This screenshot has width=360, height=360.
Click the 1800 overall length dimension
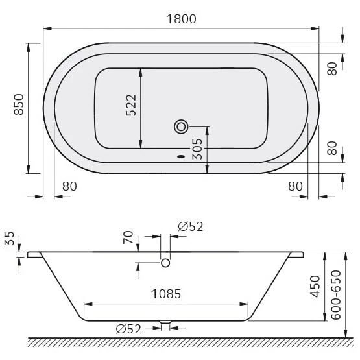click(181, 19)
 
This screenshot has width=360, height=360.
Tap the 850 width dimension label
click(19, 104)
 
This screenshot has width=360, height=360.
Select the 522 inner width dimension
click(131, 105)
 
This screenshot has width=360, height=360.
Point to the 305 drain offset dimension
click(197, 149)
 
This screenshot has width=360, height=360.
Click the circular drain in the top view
click(181, 126)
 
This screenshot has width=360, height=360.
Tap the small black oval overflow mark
click(181, 157)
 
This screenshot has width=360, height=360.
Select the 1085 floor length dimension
click(166, 294)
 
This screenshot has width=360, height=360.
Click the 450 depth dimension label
click(315, 286)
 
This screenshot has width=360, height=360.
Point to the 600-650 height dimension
click(336, 295)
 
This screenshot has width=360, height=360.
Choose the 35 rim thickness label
click(10, 238)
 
